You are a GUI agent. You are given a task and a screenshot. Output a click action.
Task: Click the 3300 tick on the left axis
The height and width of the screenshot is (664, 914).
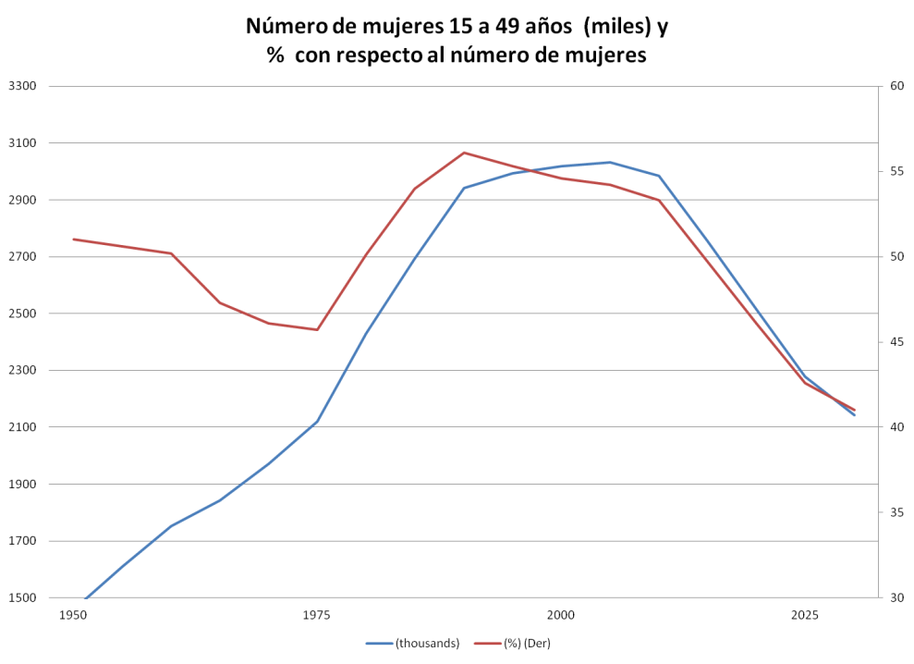pyautogui.click(x=20, y=87)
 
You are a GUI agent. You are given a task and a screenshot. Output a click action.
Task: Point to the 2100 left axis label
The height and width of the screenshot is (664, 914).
pyautogui.click(x=20, y=427)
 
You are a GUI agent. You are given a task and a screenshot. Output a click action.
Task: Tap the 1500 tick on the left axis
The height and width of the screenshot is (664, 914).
pyautogui.click(x=20, y=597)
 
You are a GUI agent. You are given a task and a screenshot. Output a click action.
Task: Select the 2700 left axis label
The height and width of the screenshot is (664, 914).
pyautogui.click(x=20, y=257)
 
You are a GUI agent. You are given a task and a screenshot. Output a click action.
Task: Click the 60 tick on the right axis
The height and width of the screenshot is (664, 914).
pyautogui.click(x=894, y=87)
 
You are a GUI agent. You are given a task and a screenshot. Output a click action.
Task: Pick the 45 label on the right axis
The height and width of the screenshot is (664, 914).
pyautogui.click(x=894, y=342)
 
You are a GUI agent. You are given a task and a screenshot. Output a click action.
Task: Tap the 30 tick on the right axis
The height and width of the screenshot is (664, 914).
pyautogui.click(x=894, y=597)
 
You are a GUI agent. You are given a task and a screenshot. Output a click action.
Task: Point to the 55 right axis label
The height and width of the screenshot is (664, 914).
pyautogui.click(x=894, y=172)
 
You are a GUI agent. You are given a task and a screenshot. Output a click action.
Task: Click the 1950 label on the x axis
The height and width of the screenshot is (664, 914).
pyautogui.click(x=72, y=614)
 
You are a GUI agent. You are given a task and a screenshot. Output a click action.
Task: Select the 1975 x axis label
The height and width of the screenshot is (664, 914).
pyautogui.click(x=316, y=614)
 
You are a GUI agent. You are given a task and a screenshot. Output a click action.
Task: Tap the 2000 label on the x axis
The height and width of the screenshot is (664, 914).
pyautogui.click(x=560, y=614)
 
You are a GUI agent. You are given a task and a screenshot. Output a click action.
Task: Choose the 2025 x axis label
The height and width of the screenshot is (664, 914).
pyautogui.click(x=804, y=614)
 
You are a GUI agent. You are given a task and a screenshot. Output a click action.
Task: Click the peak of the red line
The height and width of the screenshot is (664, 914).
pyautogui.click(x=467, y=152)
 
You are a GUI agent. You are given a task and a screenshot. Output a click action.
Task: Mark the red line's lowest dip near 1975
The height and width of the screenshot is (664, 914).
pyautogui.click(x=317, y=328)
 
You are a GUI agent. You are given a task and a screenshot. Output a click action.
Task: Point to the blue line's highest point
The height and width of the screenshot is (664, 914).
pyautogui.click(x=609, y=162)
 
